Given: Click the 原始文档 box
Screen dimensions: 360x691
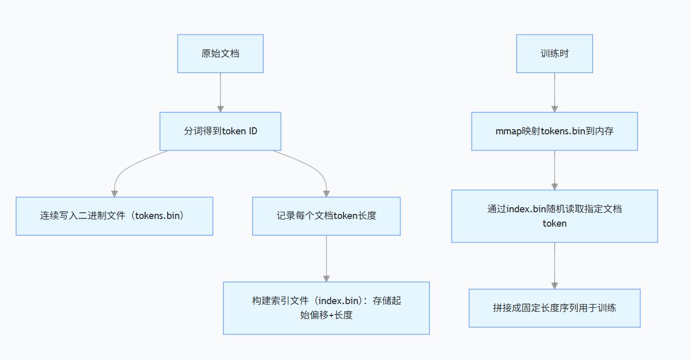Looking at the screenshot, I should (x=220, y=54).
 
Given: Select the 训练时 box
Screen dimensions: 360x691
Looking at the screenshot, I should (x=554, y=54).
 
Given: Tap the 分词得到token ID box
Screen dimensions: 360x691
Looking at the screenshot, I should (x=220, y=131).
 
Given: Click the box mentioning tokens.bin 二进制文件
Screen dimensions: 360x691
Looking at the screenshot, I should (x=114, y=216).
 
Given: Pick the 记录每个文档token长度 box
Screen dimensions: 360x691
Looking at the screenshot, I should (x=326, y=216).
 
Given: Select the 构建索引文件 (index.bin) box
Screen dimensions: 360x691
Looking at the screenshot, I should (x=326, y=308).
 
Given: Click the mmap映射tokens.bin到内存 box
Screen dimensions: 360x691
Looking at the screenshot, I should (x=554, y=131).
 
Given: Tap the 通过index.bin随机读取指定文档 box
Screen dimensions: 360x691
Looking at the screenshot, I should (x=554, y=216).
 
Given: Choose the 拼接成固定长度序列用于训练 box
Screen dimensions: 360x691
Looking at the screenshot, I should (x=554, y=308).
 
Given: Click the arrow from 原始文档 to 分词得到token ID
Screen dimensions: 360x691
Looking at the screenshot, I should (x=220, y=92).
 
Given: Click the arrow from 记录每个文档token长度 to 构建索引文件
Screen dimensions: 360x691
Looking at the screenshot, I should (x=326, y=258).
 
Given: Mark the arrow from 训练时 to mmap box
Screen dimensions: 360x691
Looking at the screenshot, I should (x=554, y=92).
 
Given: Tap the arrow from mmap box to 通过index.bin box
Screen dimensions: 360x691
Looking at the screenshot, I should (x=554, y=170).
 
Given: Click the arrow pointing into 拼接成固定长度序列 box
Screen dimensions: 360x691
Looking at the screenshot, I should (x=554, y=266).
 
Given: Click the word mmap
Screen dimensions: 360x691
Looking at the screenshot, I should (x=507, y=131).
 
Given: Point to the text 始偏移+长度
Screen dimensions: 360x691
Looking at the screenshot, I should (x=326, y=315).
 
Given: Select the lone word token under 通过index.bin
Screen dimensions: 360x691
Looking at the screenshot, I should (x=554, y=223).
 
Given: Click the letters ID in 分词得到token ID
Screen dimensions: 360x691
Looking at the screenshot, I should (x=253, y=131).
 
